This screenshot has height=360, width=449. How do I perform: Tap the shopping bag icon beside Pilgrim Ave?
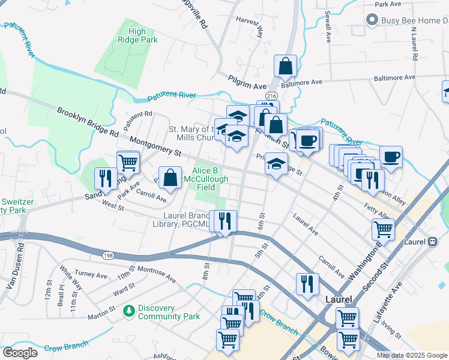(286, 66)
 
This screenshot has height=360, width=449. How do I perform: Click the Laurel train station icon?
(432, 242)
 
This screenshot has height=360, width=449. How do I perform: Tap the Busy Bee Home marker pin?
(373, 20)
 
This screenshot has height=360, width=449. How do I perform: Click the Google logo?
(20, 353)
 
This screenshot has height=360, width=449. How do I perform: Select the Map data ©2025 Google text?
(411, 355)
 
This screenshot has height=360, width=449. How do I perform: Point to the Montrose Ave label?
(156, 275)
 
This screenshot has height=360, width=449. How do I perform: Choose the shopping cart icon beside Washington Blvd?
(382, 228)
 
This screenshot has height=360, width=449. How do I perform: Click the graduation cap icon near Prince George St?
(276, 164)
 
